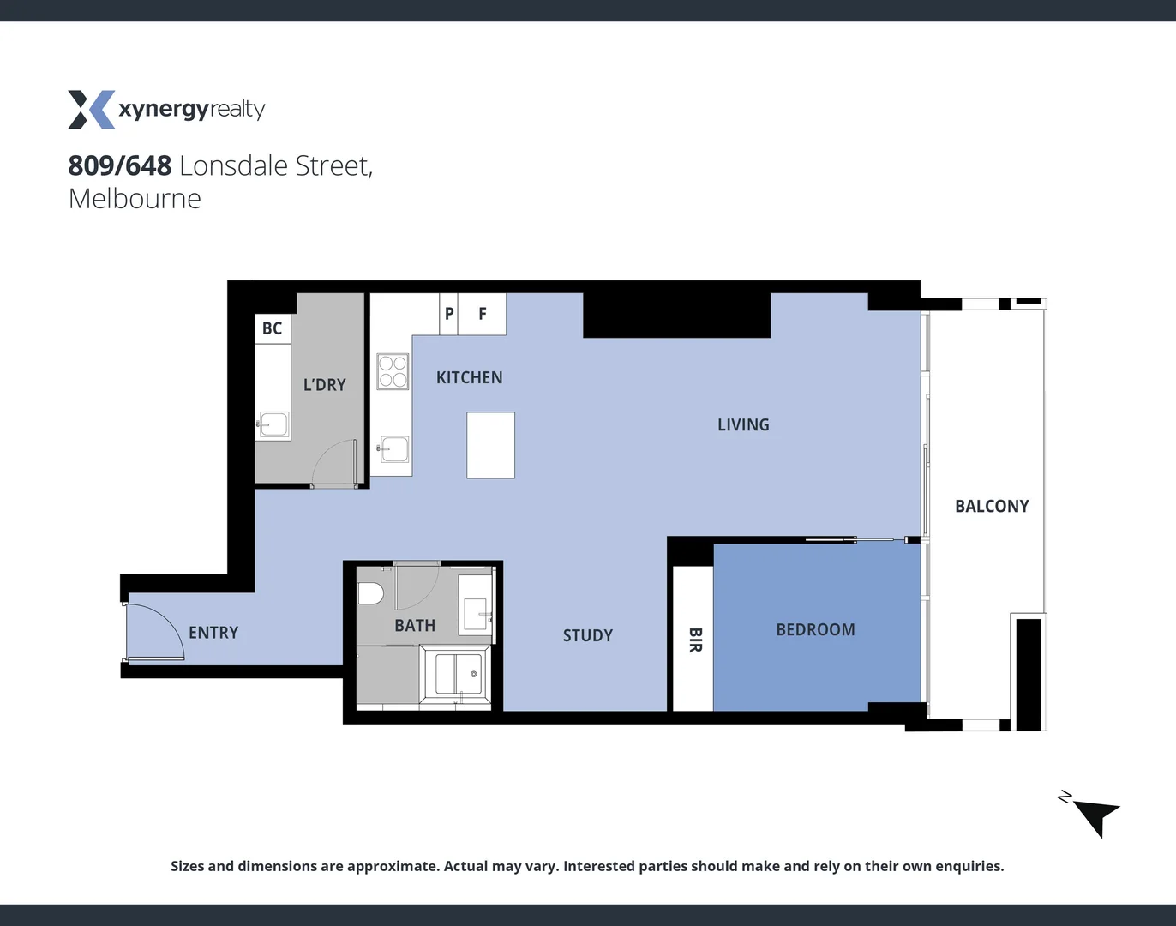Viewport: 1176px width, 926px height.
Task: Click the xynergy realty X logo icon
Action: [x=91, y=110]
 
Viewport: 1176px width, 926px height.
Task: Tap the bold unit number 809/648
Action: [x=120, y=165]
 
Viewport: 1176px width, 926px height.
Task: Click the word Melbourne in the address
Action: [x=135, y=199]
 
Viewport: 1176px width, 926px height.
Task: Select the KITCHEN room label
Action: [x=469, y=377]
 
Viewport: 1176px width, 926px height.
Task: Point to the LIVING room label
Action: [x=743, y=424]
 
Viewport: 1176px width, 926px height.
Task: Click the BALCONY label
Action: [x=992, y=506]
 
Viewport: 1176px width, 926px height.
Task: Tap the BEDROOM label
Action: [x=815, y=629]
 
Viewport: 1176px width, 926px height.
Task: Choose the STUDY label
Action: [x=588, y=635]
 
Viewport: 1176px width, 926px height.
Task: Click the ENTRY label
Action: [x=213, y=633]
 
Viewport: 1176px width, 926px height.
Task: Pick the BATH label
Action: [x=415, y=626]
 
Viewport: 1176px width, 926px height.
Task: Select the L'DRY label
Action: [x=324, y=385]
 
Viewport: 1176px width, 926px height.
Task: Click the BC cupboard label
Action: [x=272, y=328]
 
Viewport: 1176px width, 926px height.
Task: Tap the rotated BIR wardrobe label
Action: [x=695, y=640]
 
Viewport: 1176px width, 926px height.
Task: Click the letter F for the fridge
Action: [x=483, y=314]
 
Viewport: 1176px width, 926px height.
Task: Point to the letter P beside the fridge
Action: [x=449, y=314]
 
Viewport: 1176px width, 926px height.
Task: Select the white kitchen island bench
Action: [x=490, y=445]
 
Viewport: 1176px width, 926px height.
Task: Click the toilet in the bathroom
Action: [x=370, y=593]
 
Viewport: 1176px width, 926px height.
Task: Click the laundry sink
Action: [x=273, y=424]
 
